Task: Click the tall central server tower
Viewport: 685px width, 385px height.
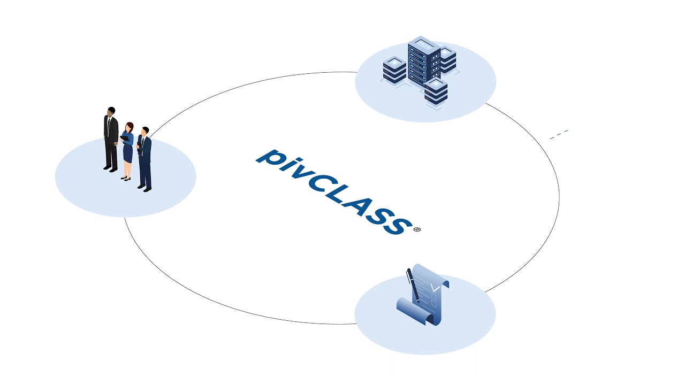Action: [x=423, y=62]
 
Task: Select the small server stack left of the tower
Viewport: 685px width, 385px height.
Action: [x=394, y=70]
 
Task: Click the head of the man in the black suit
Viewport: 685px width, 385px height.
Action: [x=111, y=111]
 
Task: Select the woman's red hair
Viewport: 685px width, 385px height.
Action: [x=129, y=127]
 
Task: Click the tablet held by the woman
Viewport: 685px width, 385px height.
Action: [x=125, y=138]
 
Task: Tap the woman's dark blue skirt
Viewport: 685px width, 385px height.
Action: [x=127, y=153]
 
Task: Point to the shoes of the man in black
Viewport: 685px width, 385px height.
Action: [x=110, y=169]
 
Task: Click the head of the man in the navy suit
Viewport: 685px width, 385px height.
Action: [x=144, y=132]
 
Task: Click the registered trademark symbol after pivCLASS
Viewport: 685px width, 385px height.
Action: [x=417, y=229]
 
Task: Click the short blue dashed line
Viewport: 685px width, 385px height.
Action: [x=559, y=134]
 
